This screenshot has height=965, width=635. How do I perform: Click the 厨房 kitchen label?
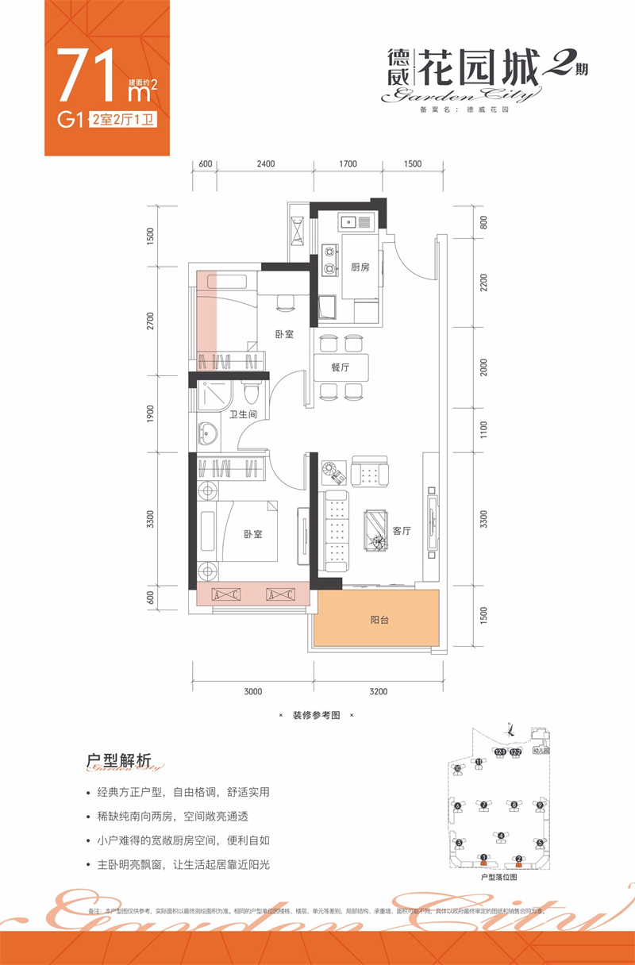[360, 267]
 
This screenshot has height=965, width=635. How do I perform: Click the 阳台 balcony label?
[379, 621]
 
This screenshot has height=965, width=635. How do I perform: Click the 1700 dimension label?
[348, 164]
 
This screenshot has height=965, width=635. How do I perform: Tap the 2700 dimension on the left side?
[151, 321]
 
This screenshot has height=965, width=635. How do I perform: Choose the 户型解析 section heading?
[118, 759]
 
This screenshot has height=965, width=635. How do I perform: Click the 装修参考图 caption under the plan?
[315, 715]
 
